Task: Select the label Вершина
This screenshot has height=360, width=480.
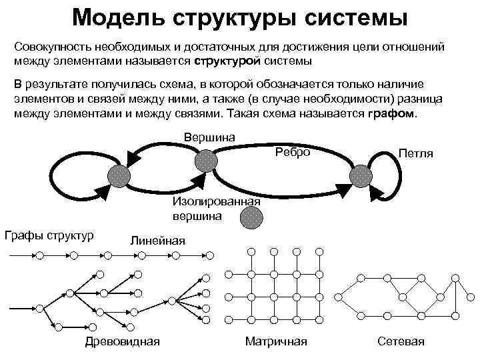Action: pos(209,137)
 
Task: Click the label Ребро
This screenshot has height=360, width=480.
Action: pos(293,152)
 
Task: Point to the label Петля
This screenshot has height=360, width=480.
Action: pos(415,154)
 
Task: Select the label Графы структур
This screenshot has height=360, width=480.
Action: pos(49,235)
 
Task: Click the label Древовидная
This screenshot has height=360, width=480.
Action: pos(123,341)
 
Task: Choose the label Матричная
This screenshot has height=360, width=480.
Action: pos(276,341)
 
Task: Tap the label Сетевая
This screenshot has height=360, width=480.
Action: pos(401,341)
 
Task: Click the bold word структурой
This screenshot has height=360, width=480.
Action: pos(227,61)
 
